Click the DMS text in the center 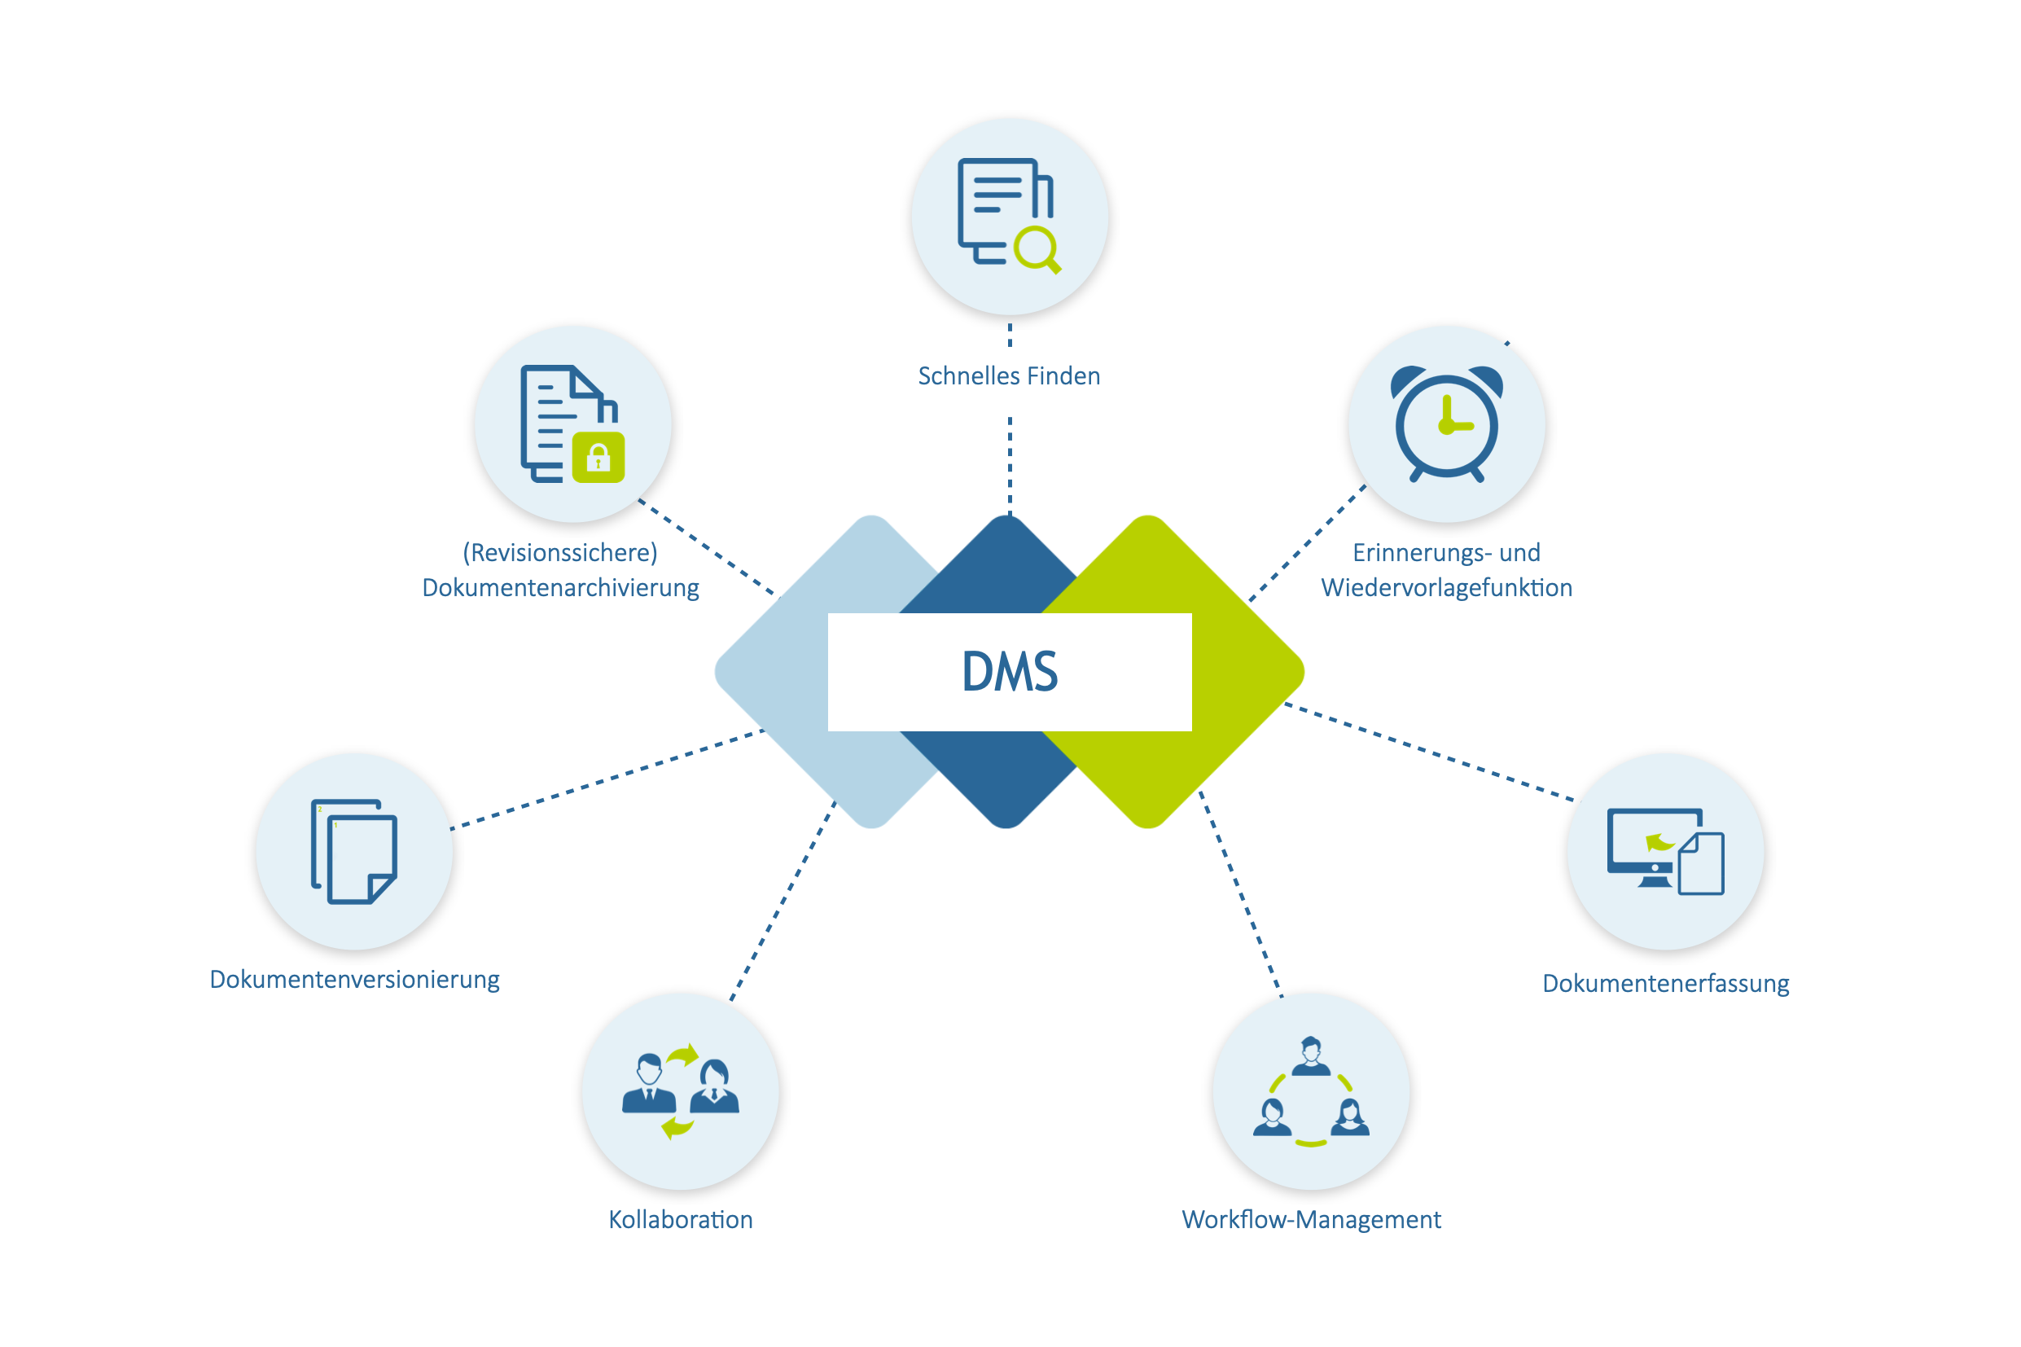pos(1009,672)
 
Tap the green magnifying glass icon pos(1037,250)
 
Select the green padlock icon pos(598,457)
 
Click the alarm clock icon pos(1446,423)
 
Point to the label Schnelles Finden pos(1009,376)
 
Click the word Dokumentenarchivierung pos(560,588)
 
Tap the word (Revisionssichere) pos(560,552)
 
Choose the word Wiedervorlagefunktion pos(1446,588)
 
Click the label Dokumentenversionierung pos(354,981)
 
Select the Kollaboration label pos(680,1220)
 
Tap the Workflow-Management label pos(1311,1220)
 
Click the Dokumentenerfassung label pos(1665,983)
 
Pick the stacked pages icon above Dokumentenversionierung pos(354,851)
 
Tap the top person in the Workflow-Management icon pos(1311,1055)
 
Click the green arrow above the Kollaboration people pos(684,1055)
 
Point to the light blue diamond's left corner pos(716,672)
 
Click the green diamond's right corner pos(1304,672)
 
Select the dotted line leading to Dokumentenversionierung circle pos(607,780)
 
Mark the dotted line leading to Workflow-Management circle pos(1241,894)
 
